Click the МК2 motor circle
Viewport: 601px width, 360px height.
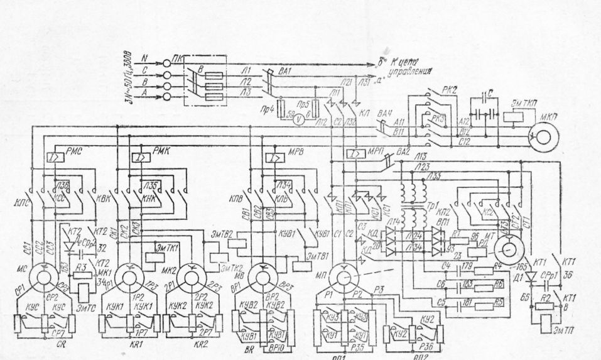(x=187, y=275)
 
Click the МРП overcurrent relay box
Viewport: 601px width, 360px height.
(x=355, y=154)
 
